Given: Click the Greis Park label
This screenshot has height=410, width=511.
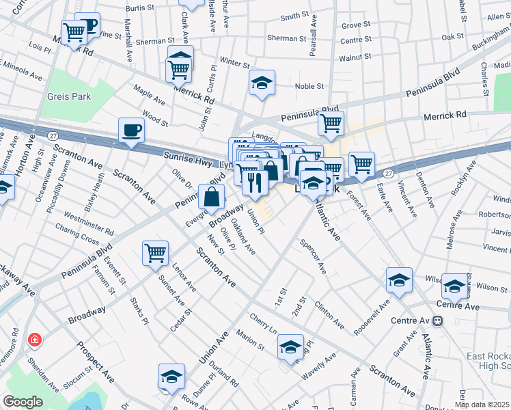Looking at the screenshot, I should pos(69,96).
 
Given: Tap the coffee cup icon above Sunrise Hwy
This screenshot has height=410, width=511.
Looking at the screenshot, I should pos(131,129).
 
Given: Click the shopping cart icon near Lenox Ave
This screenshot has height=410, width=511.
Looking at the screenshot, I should pos(155,253).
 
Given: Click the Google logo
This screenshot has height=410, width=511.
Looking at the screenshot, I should pos(23,401).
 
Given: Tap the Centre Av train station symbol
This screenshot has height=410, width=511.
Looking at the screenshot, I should pos(438,320).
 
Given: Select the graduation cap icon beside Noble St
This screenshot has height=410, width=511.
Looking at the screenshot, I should pos(262,83).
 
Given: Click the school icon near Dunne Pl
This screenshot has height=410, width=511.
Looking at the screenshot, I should pos(171,376).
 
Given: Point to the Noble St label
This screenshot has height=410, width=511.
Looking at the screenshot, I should pos(309,86).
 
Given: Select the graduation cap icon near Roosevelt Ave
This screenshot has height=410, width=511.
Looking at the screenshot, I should pos(399,279).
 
